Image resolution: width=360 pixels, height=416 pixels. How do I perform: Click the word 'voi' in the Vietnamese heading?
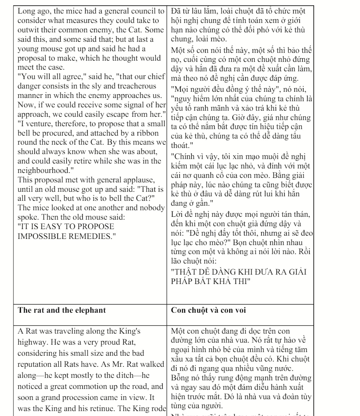coord(241,310)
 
